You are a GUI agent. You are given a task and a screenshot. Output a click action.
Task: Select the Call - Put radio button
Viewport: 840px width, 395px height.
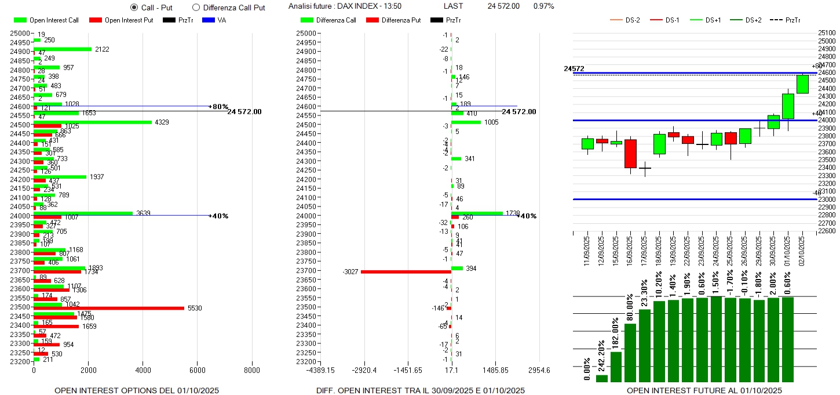click(x=134, y=8)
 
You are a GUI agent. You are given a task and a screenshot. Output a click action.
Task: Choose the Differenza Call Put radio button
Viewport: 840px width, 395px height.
click(x=196, y=8)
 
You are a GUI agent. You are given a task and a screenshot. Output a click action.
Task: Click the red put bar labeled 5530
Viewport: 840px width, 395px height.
click(x=109, y=308)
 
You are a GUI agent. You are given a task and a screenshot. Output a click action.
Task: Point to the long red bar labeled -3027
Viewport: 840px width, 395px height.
click(x=406, y=271)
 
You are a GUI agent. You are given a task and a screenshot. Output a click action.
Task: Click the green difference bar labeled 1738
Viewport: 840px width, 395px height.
click(x=477, y=213)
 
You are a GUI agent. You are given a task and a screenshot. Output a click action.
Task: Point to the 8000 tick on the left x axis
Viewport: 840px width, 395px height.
click(x=252, y=370)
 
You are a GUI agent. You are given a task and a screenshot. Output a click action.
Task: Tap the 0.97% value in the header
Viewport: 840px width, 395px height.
click(x=543, y=6)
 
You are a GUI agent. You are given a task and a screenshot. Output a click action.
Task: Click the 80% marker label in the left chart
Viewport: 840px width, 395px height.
click(x=220, y=107)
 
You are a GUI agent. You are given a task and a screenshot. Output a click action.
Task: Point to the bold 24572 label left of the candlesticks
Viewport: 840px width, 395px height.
click(x=574, y=68)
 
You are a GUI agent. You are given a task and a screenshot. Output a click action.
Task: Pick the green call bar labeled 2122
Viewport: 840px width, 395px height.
click(x=63, y=49)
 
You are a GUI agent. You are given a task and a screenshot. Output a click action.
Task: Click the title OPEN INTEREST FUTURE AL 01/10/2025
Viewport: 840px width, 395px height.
click(x=704, y=390)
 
